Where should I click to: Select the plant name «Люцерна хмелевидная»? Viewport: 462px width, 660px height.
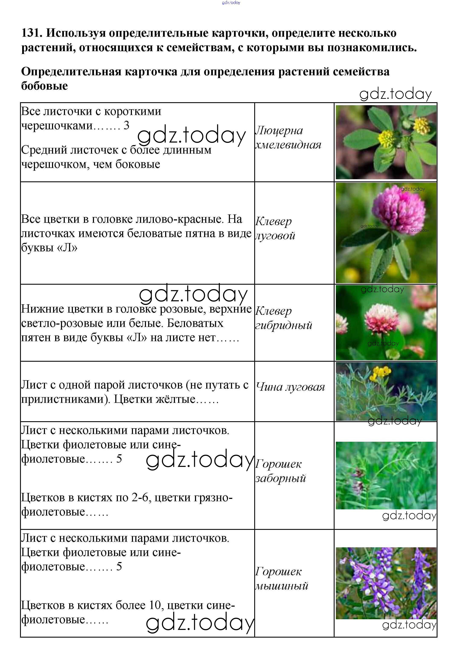(287, 138)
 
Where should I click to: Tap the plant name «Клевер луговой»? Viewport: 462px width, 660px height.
(275, 228)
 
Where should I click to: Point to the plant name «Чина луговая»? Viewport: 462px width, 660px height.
(290, 387)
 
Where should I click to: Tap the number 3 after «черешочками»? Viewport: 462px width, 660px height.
(126, 125)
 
